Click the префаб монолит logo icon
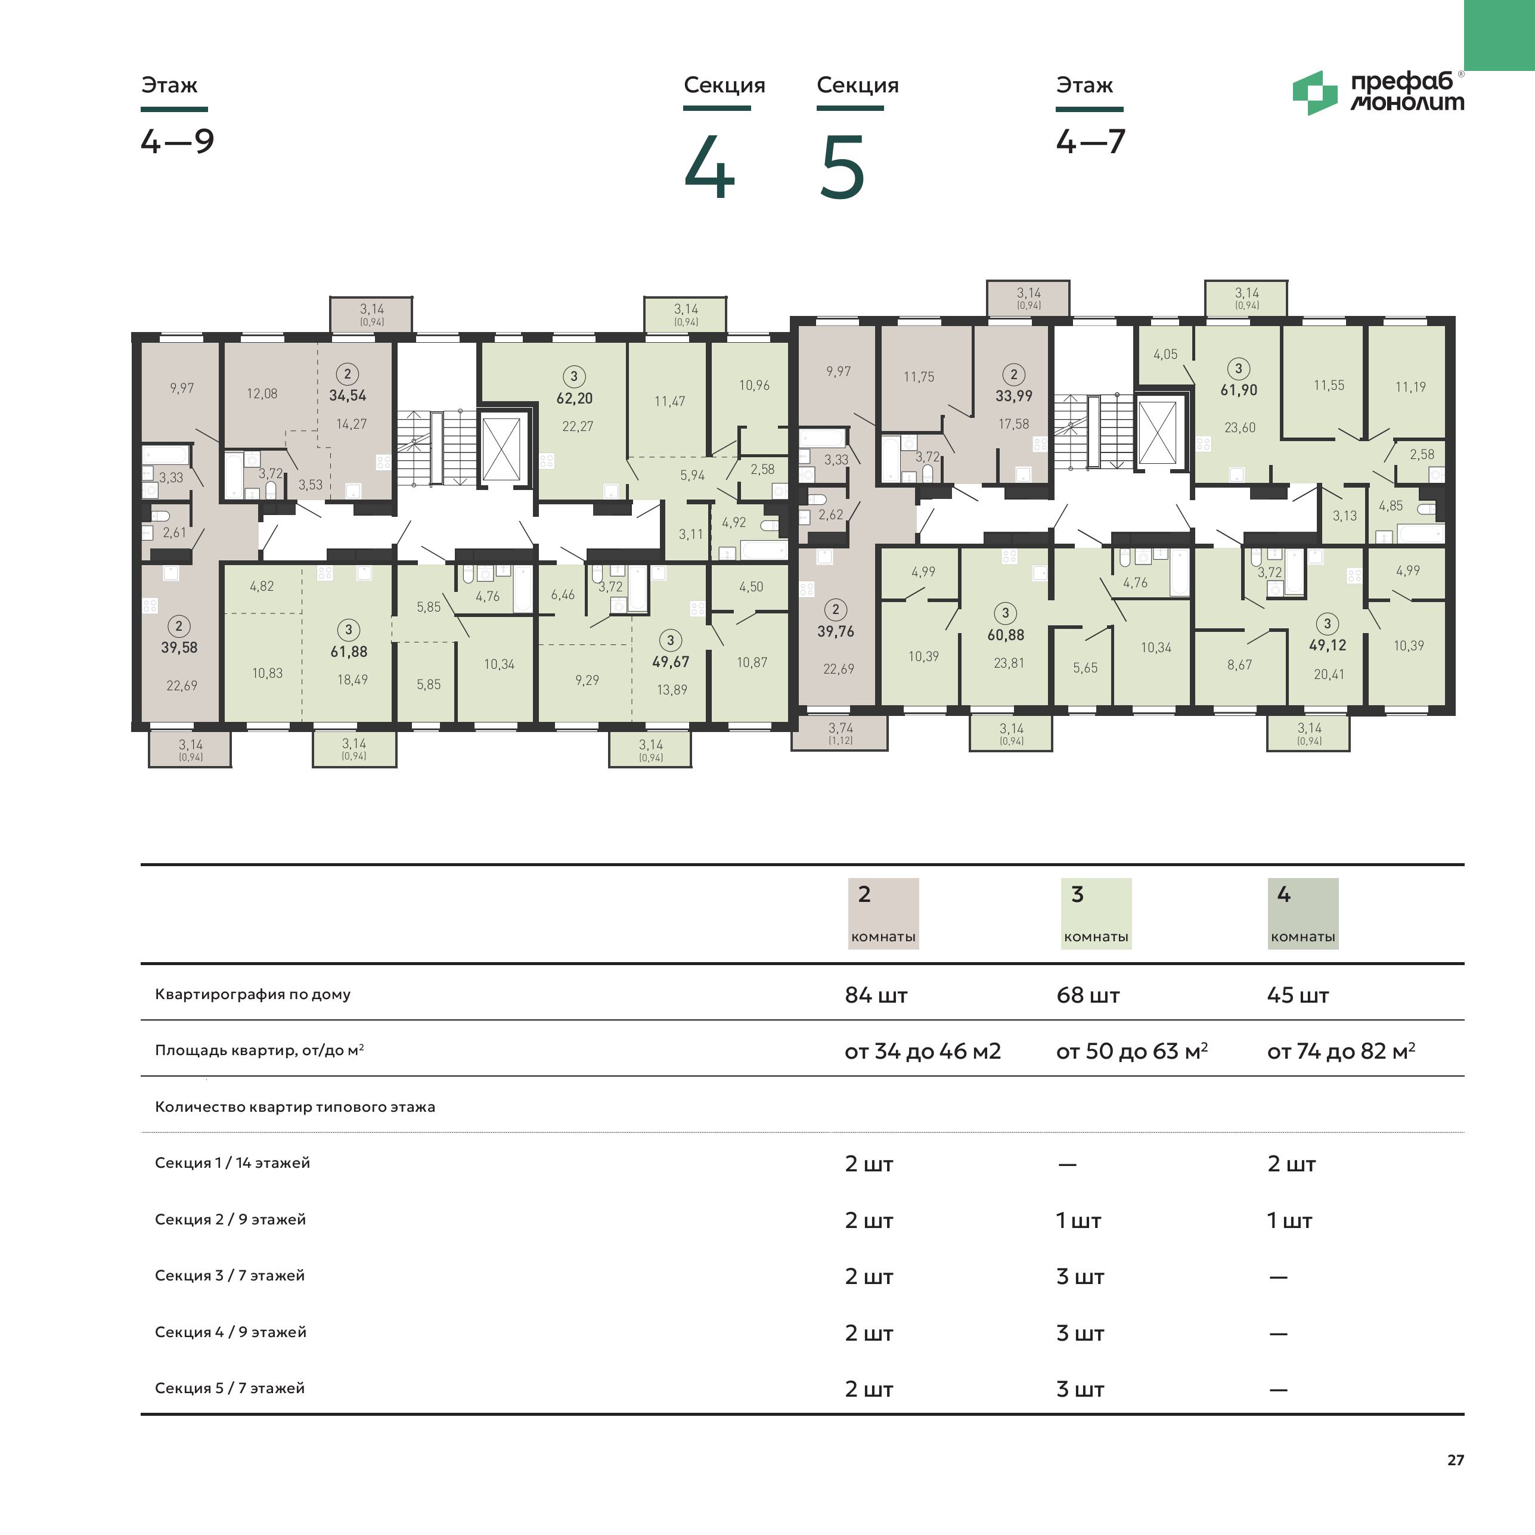pos(1315,93)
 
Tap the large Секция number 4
pos(709,168)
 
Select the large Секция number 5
pos(841,168)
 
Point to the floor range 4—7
pos(1090,141)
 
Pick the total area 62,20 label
pos(575,398)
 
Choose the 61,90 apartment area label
pos(1239,390)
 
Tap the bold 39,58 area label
pos(179,647)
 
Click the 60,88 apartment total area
pos(1006,635)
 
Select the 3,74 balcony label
pos(841,728)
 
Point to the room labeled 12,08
pos(262,393)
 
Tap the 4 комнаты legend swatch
pos(1303,914)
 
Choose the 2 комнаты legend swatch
pos(883,914)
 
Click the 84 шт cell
pos(876,995)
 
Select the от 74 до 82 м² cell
pos(1341,1051)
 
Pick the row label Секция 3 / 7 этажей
pos(230,1275)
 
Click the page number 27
pos(1456,1459)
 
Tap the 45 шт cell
pos(1297,995)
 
